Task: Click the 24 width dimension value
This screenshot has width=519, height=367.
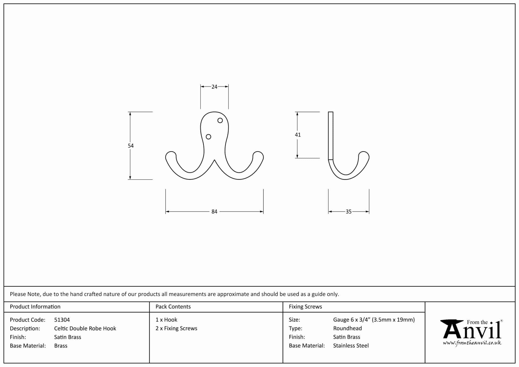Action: coord(214,87)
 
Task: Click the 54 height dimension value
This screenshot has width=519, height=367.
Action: coord(131,146)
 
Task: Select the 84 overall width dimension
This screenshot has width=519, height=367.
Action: coord(214,212)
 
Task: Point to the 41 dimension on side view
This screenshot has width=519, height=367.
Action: coord(298,135)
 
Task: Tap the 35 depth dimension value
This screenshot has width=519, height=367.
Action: coord(348,212)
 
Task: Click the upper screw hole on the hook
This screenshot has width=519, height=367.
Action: coord(220,120)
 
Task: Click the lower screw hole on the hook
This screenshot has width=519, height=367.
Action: coord(208,137)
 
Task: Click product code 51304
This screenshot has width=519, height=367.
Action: coord(62,320)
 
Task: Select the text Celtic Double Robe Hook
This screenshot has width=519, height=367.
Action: coord(85,328)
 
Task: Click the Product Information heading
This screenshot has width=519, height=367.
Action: coord(35,307)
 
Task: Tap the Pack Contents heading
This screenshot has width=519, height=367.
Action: coord(173,307)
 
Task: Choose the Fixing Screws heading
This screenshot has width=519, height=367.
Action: coord(305,307)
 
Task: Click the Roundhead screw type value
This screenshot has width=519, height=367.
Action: coord(347,328)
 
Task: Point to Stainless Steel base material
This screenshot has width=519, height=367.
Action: coord(351,346)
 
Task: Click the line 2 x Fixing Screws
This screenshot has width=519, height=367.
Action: coord(176,328)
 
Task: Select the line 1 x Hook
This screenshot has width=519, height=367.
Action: coord(166,320)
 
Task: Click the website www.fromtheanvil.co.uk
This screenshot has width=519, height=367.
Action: coord(472,343)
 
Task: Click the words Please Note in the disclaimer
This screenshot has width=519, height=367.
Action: coord(25,294)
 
